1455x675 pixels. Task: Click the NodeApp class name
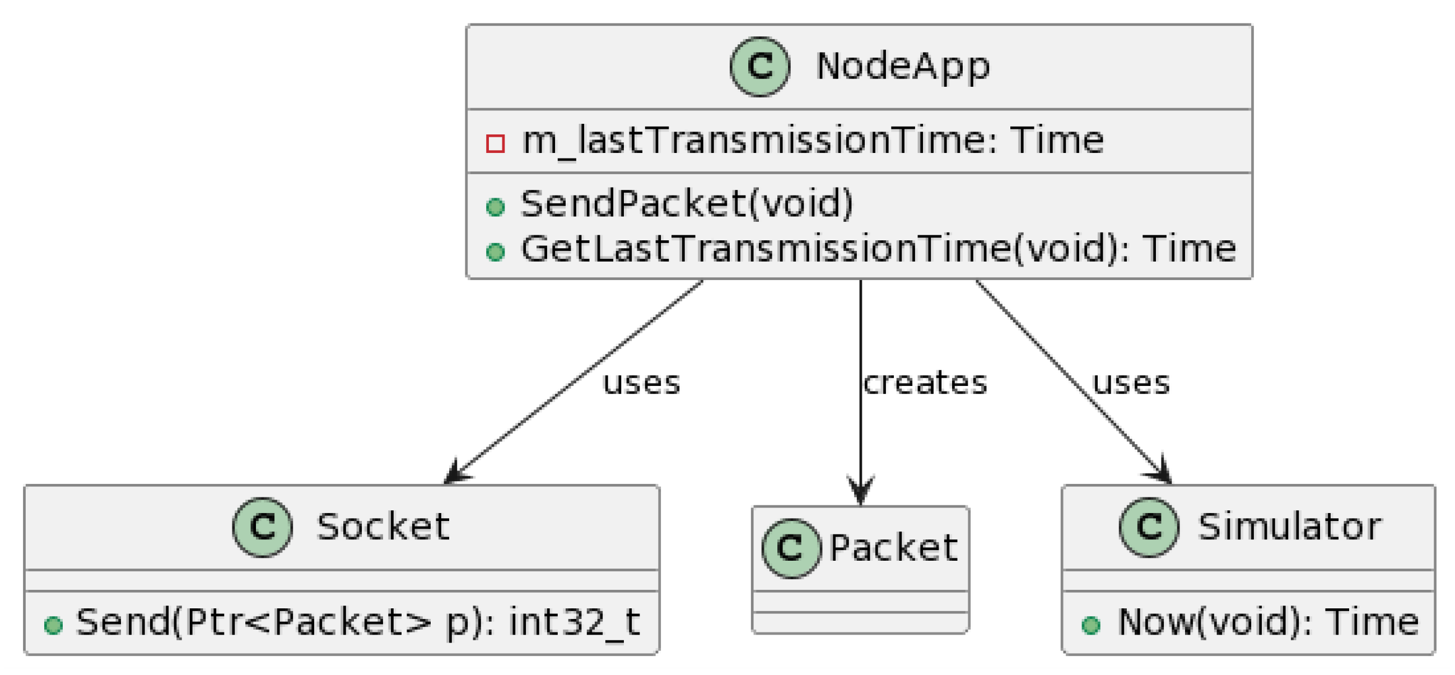click(902, 67)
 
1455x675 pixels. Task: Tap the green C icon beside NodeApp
click(759, 67)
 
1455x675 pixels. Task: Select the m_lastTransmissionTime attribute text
click(812, 141)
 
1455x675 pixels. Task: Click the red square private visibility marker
click(495, 143)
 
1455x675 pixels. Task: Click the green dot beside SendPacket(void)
click(495, 207)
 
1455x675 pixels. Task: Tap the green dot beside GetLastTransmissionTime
click(495, 252)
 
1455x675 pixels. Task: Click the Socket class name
click(383, 527)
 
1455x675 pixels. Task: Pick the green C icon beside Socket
click(262, 527)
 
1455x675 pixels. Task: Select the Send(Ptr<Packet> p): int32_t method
click(357, 622)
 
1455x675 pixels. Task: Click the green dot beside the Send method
click(53, 625)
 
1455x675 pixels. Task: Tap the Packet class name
click(894, 548)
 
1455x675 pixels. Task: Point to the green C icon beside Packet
click(791, 548)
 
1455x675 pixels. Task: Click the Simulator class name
click(1289, 527)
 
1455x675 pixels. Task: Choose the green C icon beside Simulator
click(1149, 527)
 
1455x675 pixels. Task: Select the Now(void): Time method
click(1268, 622)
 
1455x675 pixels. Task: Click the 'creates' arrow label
click(925, 383)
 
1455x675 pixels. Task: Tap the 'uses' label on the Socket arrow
click(641, 383)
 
